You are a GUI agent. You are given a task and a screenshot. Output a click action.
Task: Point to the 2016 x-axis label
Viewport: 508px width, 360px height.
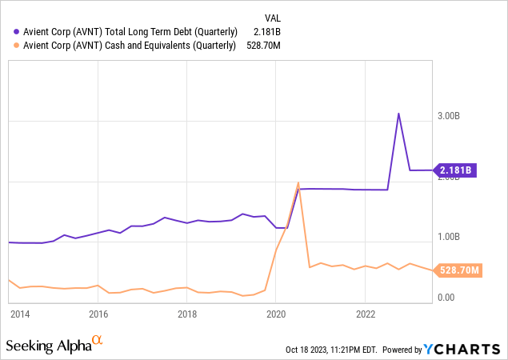tap(98, 314)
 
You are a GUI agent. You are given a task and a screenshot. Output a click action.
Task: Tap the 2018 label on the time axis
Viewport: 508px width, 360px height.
tap(186, 314)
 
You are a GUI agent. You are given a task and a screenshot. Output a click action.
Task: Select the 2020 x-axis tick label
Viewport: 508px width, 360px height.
tap(275, 314)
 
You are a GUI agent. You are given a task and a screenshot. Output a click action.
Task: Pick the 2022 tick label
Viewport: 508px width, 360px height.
tap(365, 314)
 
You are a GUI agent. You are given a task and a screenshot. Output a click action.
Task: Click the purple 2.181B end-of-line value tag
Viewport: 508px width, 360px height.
tap(457, 170)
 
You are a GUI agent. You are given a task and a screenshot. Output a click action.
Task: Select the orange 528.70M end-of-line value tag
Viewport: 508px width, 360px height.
tap(459, 270)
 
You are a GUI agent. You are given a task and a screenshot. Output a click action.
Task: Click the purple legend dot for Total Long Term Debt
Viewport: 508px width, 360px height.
tap(18, 31)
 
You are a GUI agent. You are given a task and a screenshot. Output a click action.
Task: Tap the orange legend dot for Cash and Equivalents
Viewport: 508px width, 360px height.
tap(18, 46)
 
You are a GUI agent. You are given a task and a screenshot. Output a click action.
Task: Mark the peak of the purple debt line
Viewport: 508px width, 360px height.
tap(398, 113)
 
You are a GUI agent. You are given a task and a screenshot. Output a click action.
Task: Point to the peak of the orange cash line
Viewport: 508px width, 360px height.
tap(298, 182)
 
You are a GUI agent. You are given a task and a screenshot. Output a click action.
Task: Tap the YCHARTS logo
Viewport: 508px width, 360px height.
tap(463, 349)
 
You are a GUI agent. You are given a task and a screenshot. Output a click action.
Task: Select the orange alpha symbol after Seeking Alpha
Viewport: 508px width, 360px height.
tap(98, 341)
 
